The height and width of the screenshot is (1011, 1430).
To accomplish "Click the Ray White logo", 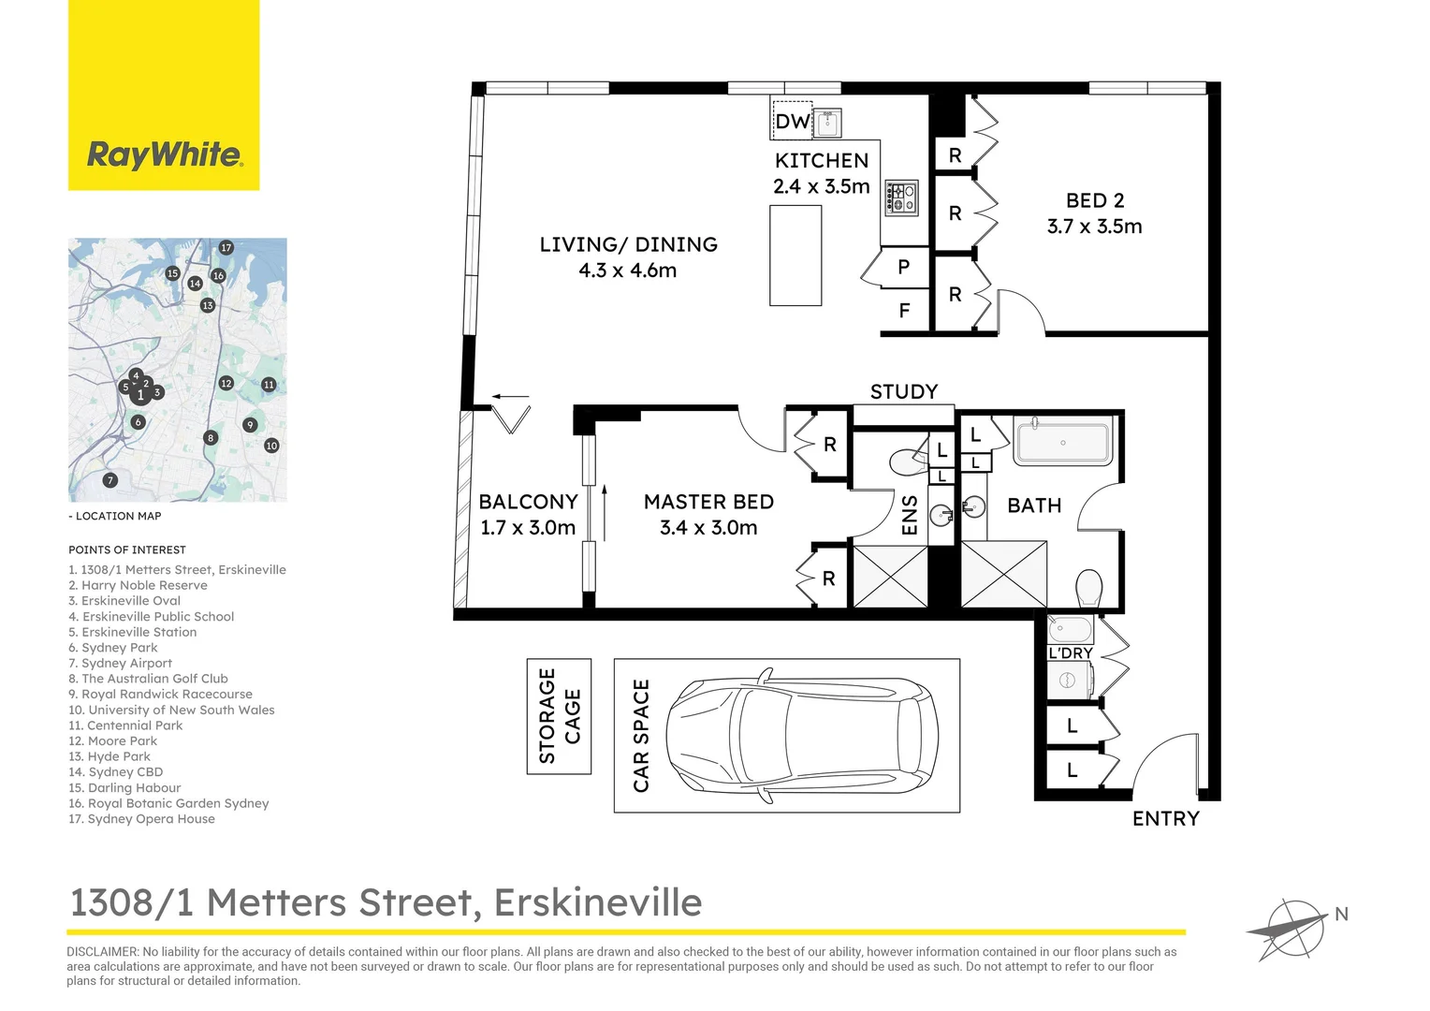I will [164, 154].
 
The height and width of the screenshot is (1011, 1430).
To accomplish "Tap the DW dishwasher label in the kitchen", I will [792, 121].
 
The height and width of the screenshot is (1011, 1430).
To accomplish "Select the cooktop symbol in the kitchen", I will [902, 198].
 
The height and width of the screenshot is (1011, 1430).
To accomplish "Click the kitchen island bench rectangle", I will [795, 255].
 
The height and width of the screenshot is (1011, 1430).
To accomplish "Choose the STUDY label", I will [903, 391].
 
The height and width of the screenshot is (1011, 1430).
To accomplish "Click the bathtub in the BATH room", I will [1062, 442].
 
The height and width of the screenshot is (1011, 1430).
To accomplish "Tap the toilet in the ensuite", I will [905, 462].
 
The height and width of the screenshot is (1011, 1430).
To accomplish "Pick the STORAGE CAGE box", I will [559, 716].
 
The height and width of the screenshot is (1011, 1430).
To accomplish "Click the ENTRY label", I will [1165, 819].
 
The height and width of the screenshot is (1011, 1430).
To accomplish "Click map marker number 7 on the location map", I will [110, 480].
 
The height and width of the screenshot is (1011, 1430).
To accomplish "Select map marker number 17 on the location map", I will [226, 248].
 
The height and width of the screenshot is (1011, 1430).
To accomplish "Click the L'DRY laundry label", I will [1070, 652].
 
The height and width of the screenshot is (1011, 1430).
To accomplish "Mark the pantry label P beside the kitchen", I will [903, 267].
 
